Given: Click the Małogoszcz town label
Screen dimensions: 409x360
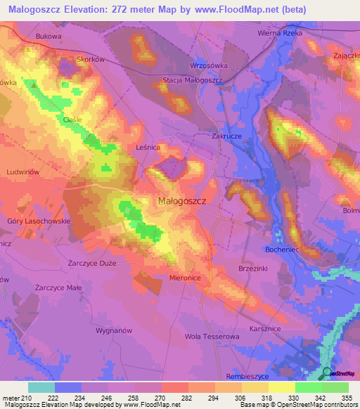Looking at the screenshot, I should tap(181, 201).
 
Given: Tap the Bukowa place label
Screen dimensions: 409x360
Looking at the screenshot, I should tap(49, 35).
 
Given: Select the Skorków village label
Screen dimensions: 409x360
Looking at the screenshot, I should tap(91, 60).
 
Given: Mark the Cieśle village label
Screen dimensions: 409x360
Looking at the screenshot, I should tap(72, 119).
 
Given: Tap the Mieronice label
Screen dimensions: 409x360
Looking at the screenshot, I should tap(186, 278).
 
